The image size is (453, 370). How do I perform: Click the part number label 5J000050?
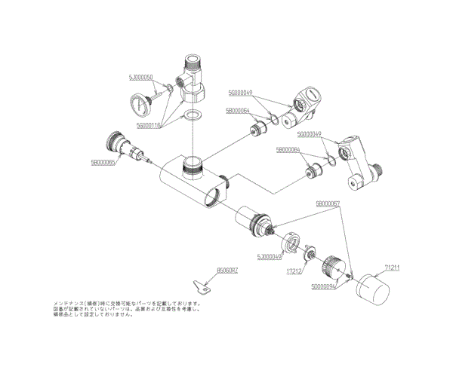click(x=141, y=78)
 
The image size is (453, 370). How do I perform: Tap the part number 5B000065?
click(x=103, y=162)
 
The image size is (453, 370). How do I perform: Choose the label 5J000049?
click(x=270, y=256)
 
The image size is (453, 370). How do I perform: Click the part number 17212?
click(x=294, y=271)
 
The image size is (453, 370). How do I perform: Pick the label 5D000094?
click(x=325, y=287)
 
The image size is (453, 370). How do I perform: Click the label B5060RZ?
click(x=226, y=270)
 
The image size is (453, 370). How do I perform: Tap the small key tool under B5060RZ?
click(x=202, y=286)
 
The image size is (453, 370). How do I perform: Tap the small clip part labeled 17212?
click(x=309, y=256)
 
